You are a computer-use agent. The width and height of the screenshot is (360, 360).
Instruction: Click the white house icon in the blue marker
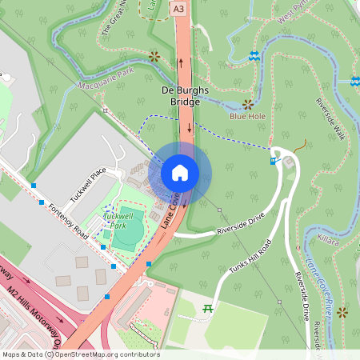click(180, 173)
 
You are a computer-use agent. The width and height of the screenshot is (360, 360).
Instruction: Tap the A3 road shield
click(178, 7)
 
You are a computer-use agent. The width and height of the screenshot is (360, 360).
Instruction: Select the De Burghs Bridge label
click(185, 90)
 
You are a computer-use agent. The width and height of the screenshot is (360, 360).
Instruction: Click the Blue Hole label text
click(247, 116)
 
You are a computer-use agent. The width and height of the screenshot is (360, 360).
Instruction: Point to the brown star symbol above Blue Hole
click(248, 104)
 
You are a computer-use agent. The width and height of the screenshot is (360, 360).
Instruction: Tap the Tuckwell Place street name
click(87, 186)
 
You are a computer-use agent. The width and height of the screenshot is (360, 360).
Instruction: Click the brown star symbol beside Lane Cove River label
click(342, 311)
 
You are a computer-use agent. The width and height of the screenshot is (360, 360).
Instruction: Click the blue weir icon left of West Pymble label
click(254, 55)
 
